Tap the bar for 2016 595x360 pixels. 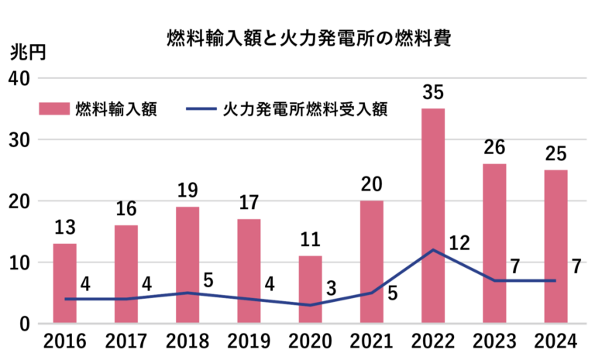pos(64,283)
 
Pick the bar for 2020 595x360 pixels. pos(310,290)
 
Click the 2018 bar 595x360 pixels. pos(187,265)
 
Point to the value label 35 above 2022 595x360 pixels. pos(433,92)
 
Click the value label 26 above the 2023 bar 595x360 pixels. pos(494,147)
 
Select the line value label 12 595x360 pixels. pos(460,243)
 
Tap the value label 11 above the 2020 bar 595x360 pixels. pos(310,239)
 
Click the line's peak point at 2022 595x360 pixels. pos(432,250)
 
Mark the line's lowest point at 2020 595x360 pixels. pos(310,305)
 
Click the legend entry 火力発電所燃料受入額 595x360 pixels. pos(287,108)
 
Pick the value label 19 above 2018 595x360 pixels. pos(187,190)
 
